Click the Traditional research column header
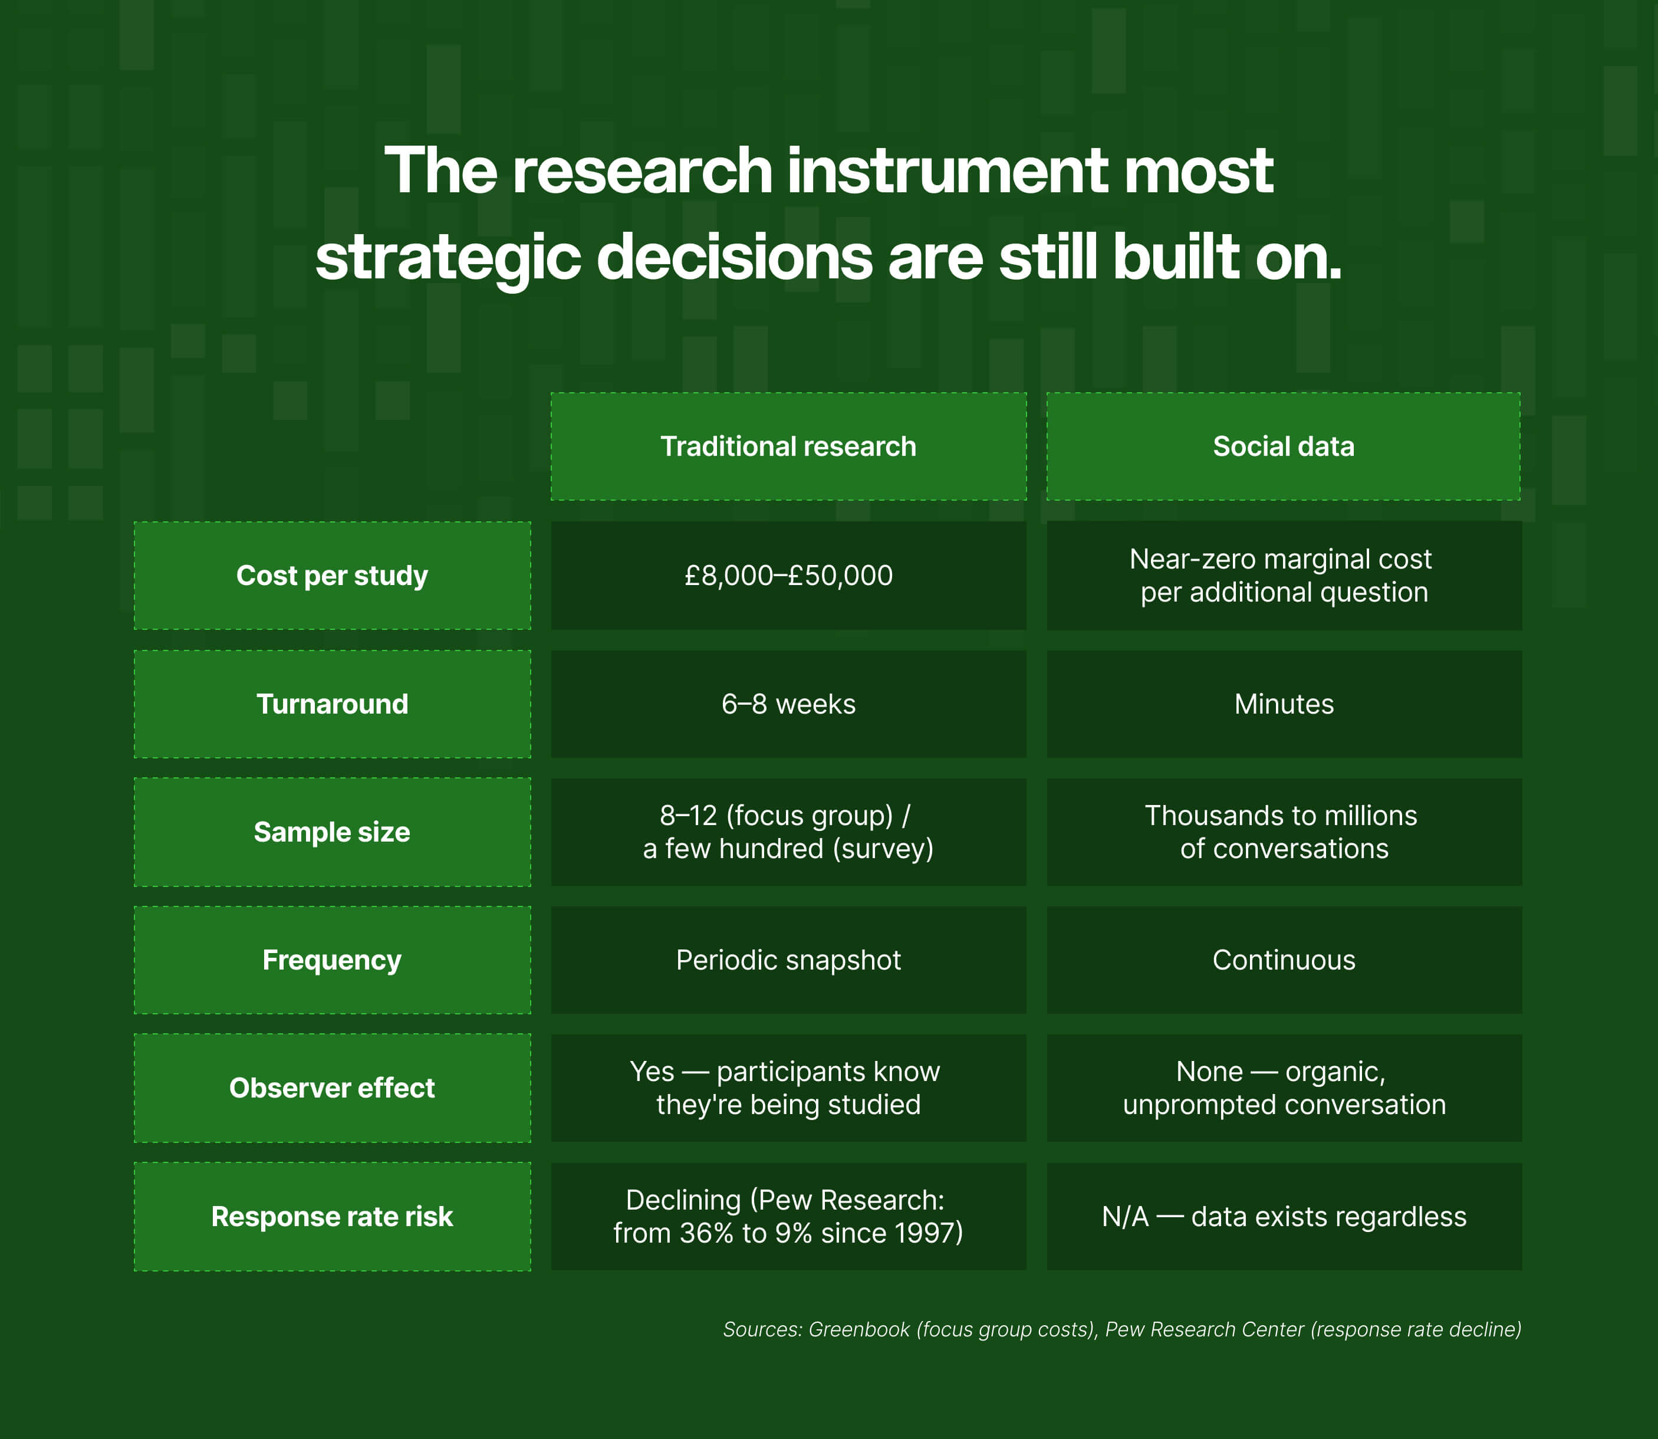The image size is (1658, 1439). (788, 446)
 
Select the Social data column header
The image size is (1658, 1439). (1283, 446)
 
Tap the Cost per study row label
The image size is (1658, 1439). (331, 576)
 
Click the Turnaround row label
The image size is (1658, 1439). (331, 704)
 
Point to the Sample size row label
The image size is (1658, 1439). (331, 832)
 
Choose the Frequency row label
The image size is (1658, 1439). (331, 960)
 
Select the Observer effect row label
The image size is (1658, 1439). (331, 1088)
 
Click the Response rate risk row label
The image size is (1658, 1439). (331, 1217)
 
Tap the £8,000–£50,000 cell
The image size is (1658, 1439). (788, 576)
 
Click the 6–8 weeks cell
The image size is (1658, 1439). (788, 704)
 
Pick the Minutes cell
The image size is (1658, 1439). (1283, 704)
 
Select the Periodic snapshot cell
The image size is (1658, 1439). (788, 960)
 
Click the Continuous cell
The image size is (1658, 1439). (1283, 960)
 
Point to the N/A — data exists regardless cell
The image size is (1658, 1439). (1283, 1217)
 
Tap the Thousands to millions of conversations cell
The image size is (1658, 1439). (1283, 832)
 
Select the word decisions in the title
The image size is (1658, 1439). (734, 258)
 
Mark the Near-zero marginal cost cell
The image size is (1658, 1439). (1283, 576)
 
